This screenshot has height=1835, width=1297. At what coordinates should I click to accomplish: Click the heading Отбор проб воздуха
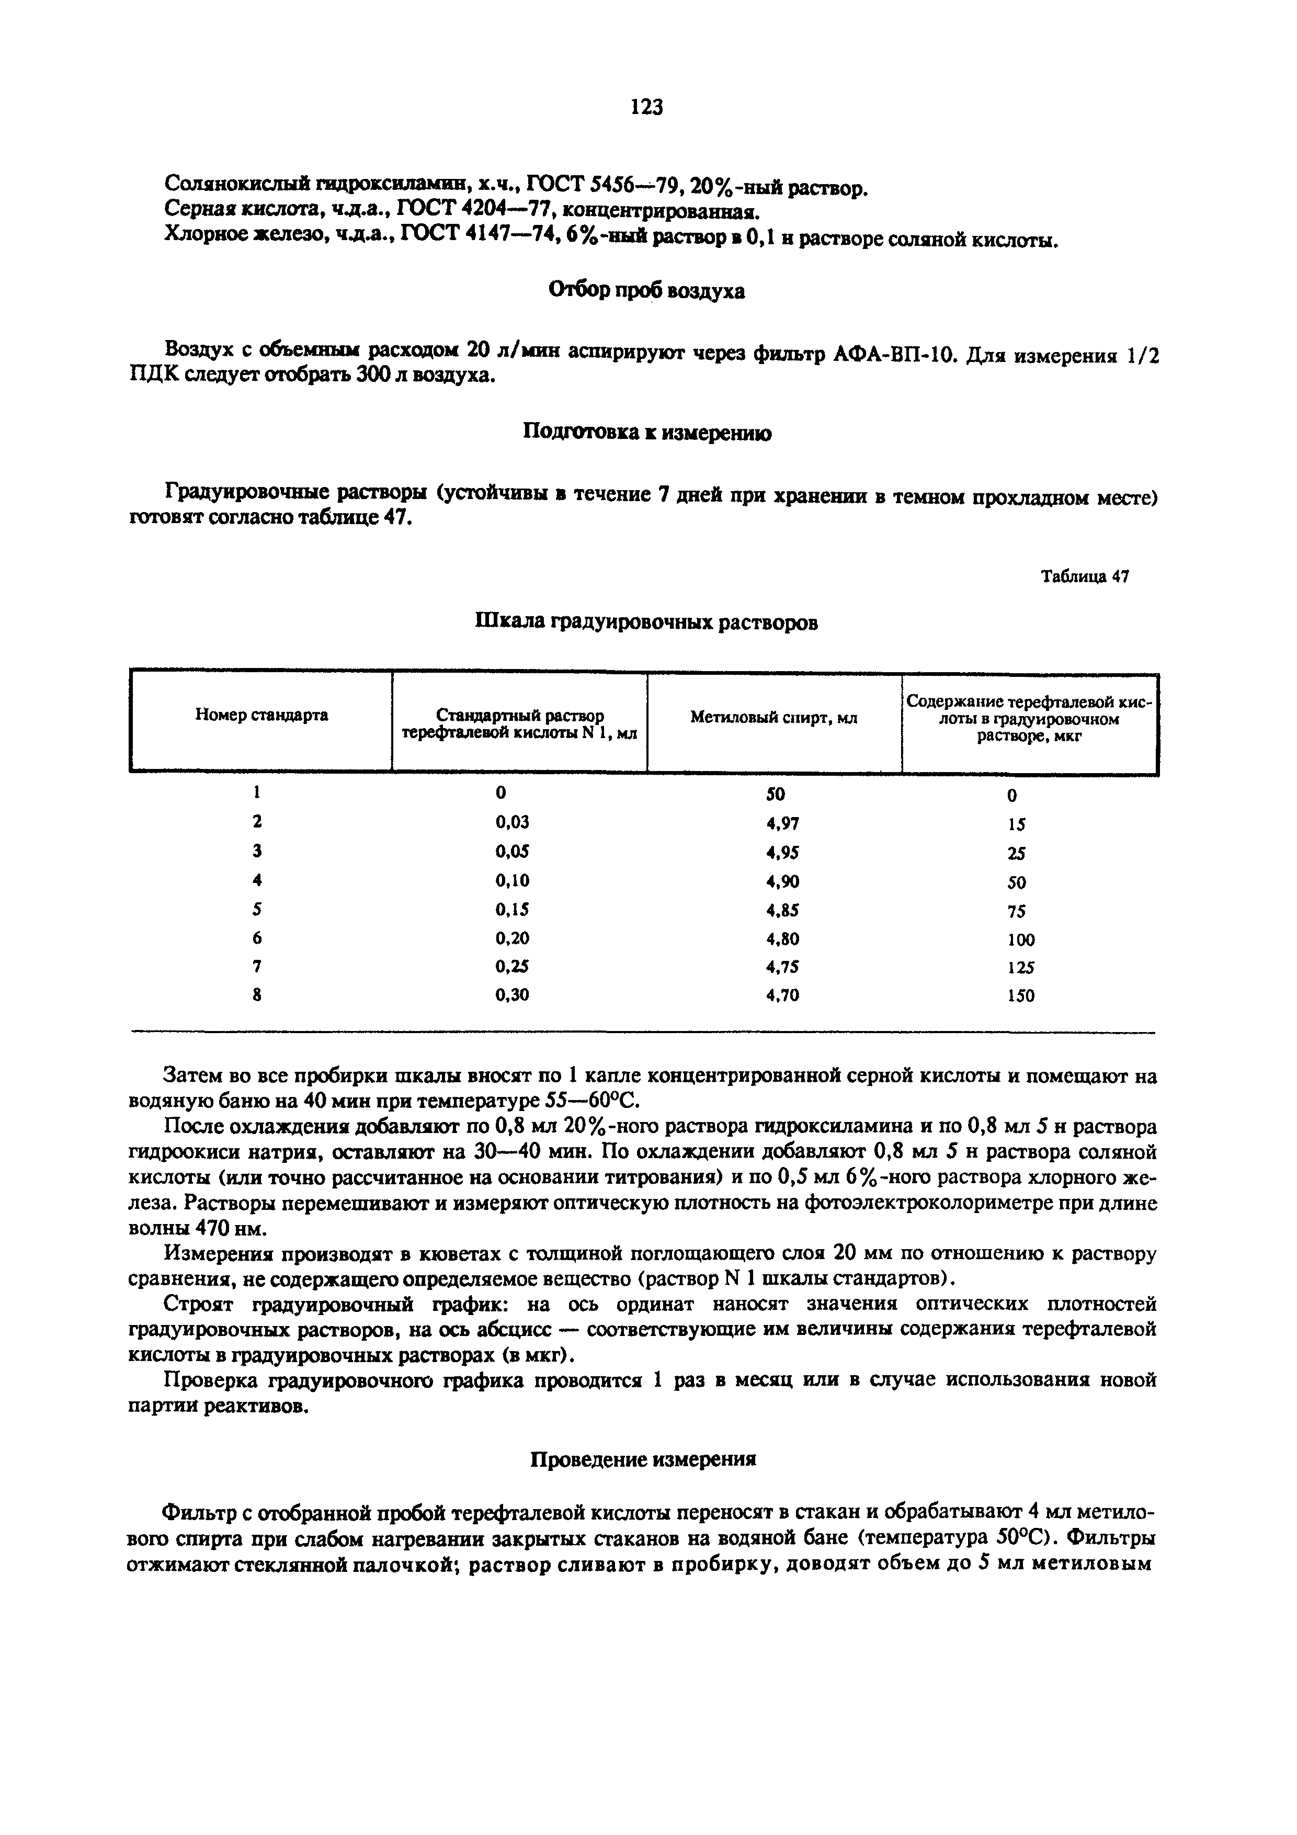pyautogui.click(x=646, y=291)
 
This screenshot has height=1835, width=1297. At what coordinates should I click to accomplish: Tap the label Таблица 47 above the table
pyautogui.click(x=1085, y=576)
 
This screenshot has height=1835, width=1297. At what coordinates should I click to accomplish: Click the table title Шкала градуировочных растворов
pyautogui.click(x=646, y=622)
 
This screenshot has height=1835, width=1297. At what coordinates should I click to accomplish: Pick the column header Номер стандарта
pyautogui.click(x=261, y=715)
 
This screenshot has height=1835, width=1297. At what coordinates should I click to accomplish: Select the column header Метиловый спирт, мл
pyautogui.click(x=773, y=719)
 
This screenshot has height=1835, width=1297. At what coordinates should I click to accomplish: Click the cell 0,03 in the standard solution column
pyautogui.click(x=512, y=822)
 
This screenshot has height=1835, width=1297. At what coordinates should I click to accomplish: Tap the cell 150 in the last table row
pyautogui.click(x=1020, y=996)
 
